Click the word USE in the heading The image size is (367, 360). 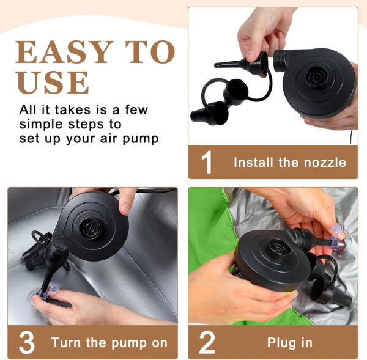click(53, 82)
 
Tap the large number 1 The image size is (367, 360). click(207, 162)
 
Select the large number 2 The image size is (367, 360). click(207, 342)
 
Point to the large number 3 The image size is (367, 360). click(27, 342)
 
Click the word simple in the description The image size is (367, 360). click(42, 125)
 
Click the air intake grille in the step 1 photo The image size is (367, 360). click(316, 76)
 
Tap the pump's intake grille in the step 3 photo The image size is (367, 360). click(91, 228)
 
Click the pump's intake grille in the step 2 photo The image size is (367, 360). click(278, 248)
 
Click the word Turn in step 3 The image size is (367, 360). click(66, 343)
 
